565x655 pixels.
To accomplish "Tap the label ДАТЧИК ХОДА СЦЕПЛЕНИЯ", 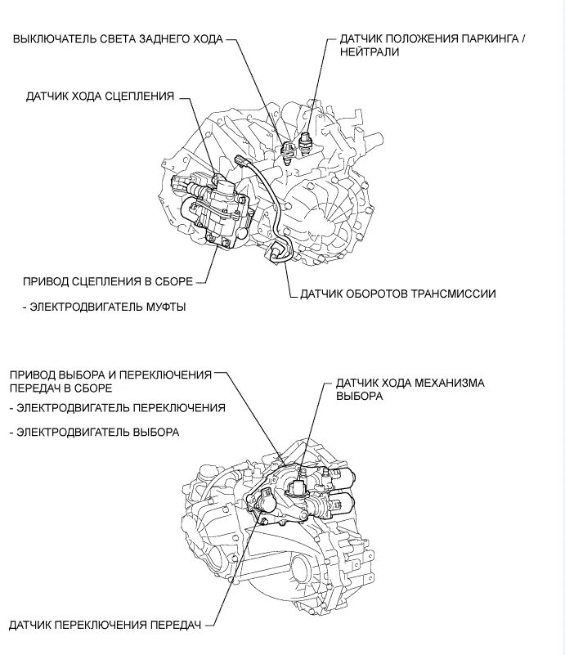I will (100, 96).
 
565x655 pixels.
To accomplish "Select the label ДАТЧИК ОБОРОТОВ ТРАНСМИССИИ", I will (398, 294).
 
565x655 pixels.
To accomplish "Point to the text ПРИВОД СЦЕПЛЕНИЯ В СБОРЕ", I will (109, 281).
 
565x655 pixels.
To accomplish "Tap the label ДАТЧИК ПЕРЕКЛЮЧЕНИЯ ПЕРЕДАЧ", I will (105, 626).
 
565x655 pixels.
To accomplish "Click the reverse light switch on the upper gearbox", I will (287, 149).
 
